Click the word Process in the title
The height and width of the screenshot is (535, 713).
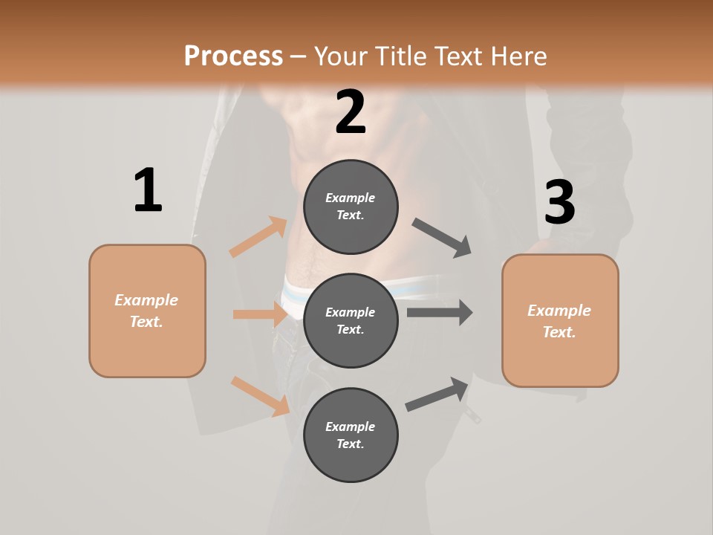(x=233, y=56)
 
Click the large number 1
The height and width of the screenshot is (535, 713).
(x=148, y=191)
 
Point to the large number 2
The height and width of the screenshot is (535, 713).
(x=351, y=112)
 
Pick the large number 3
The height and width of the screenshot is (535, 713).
(x=560, y=202)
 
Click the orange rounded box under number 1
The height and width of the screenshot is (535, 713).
(x=147, y=311)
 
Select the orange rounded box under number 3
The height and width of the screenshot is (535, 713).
(x=560, y=321)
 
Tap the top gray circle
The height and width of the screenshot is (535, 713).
(x=351, y=207)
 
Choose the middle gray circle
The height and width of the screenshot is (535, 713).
(x=351, y=320)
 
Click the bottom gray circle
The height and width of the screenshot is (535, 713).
(x=351, y=435)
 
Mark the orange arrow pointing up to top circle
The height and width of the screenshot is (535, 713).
(x=258, y=237)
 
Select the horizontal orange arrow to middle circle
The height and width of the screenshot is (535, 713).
(x=260, y=314)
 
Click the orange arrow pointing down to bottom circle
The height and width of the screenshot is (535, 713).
(x=260, y=396)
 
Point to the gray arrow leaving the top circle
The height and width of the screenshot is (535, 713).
(x=442, y=238)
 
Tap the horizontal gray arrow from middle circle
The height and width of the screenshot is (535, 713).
(x=440, y=312)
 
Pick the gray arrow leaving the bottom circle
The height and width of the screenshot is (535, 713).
(x=437, y=395)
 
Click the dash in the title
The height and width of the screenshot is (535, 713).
(x=298, y=56)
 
